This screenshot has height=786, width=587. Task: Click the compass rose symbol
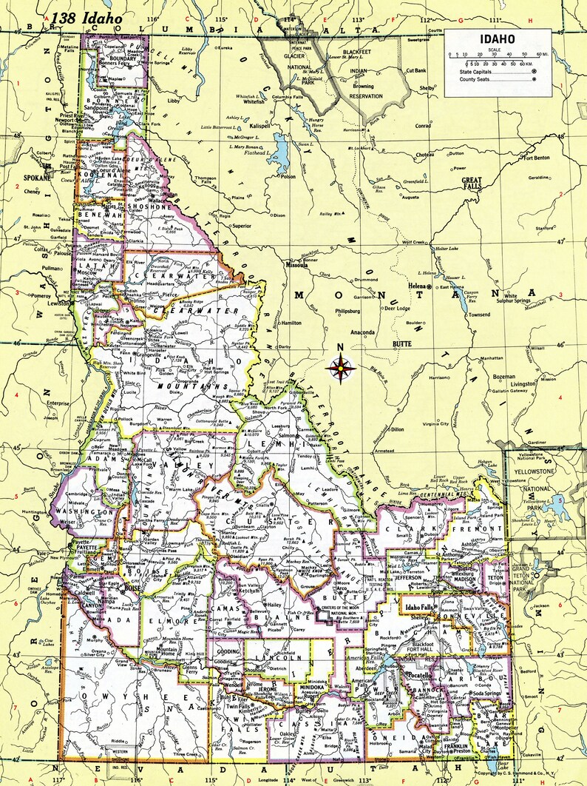[x=340, y=366]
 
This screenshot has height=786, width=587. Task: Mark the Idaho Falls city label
[x=418, y=607]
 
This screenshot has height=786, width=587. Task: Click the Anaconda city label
[x=363, y=332]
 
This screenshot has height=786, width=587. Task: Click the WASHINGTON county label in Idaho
[x=86, y=511]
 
